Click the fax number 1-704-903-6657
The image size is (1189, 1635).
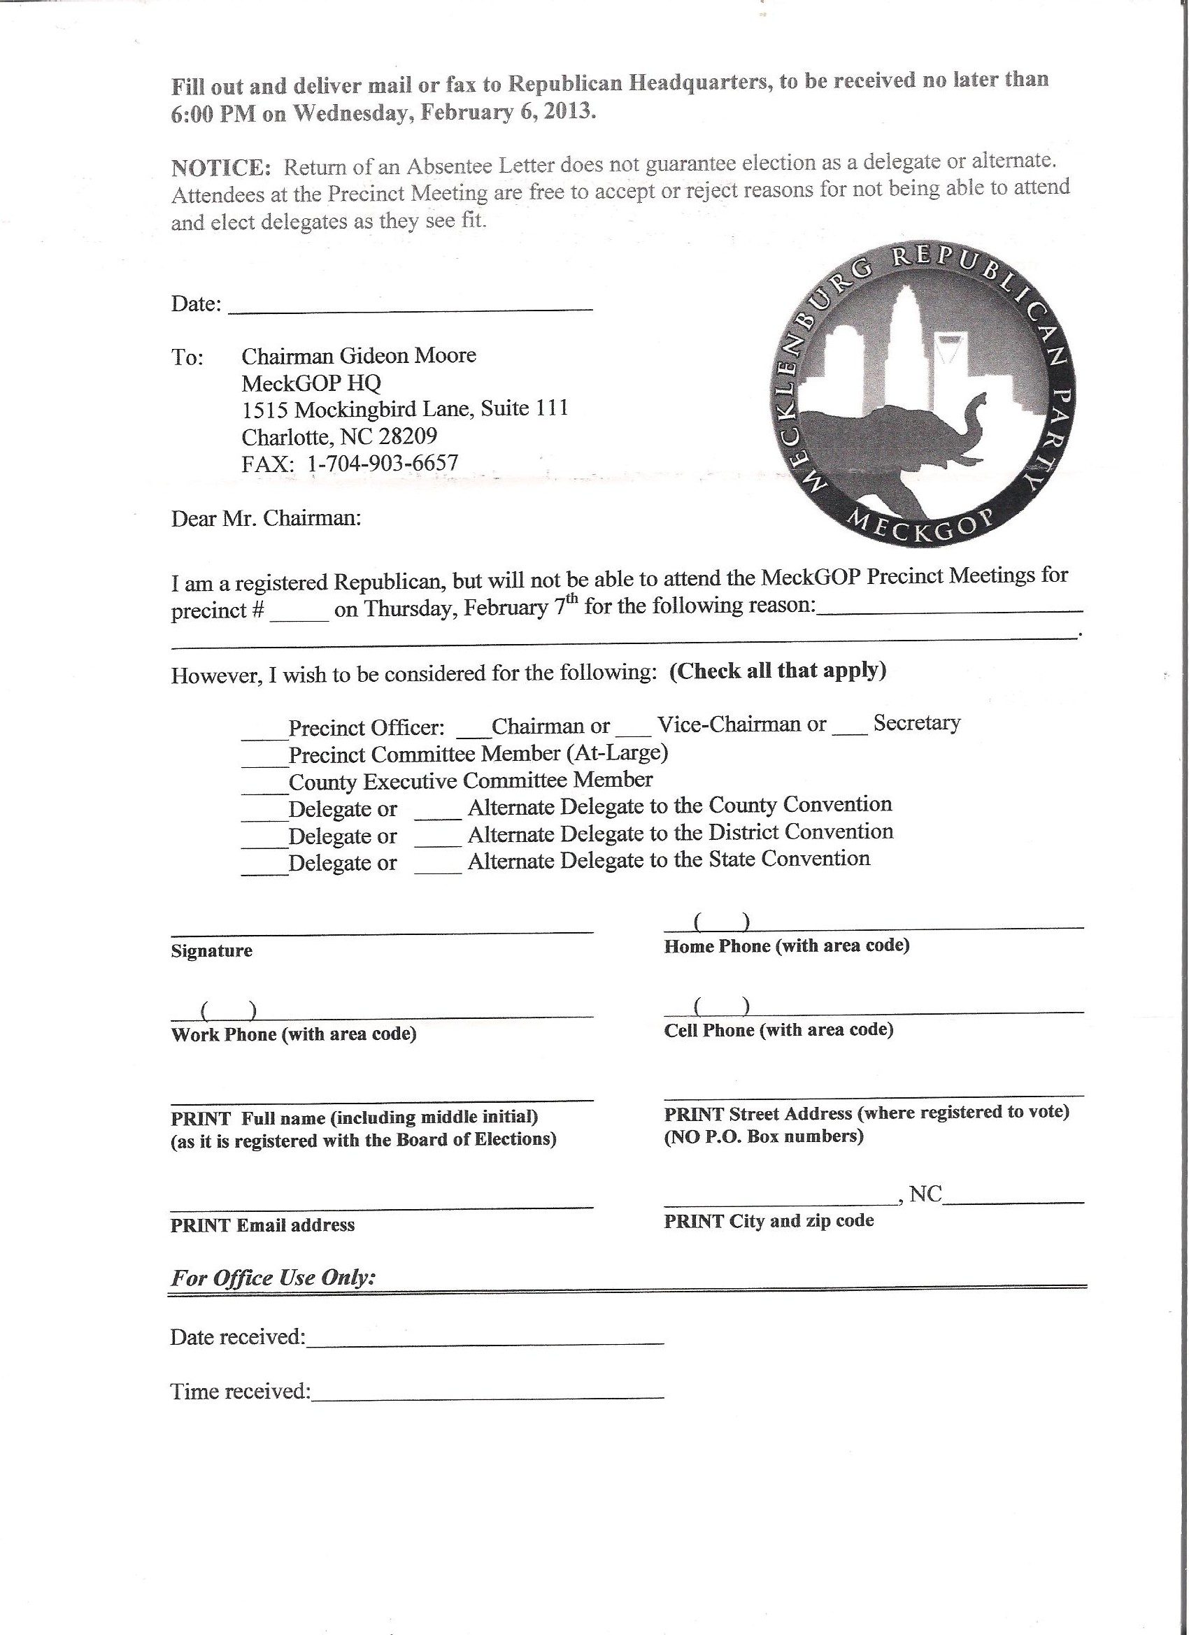pos(383,463)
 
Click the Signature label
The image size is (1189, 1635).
pos(212,951)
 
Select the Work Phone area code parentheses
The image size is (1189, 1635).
pos(229,1011)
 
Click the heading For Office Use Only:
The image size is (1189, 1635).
pos(273,1278)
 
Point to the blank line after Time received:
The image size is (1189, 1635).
pos(487,1393)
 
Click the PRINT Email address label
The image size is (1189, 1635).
pos(262,1225)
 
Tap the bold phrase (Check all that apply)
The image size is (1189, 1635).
pos(777,671)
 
